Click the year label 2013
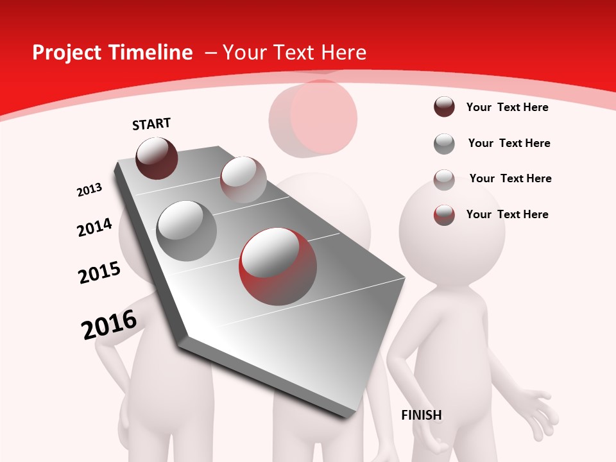[x=89, y=190]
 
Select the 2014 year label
[x=94, y=227]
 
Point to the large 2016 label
[x=109, y=325]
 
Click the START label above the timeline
[x=151, y=124]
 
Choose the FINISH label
[x=422, y=415]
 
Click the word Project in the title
[x=67, y=53]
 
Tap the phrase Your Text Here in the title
[x=294, y=53]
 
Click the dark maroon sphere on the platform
[x=157, y=158]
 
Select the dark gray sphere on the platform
[x=187, y=231]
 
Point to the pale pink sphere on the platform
[x=243, y=180]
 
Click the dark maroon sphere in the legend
[x=444, y=107]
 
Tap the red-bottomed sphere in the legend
[x=444, y=214]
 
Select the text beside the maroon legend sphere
[x=507, y=107]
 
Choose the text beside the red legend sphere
[x=507, y=214]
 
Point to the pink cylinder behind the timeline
[x=313, y=118]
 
